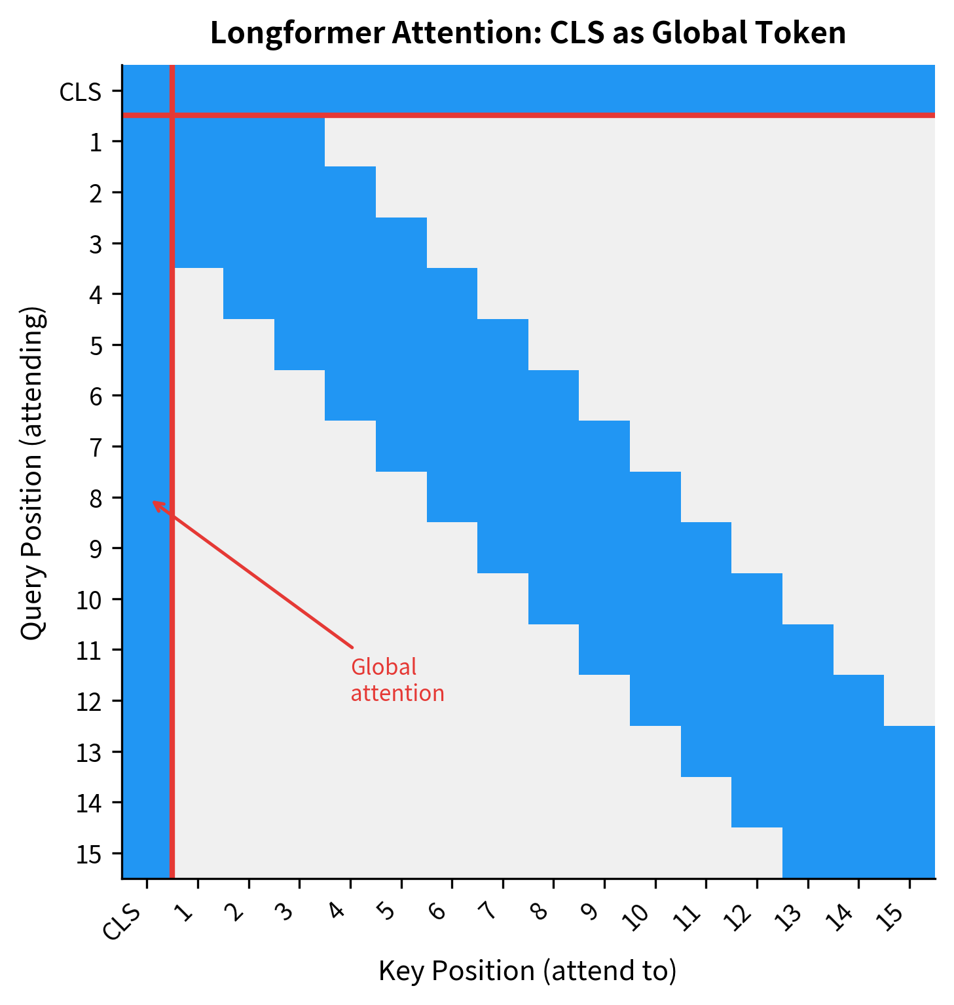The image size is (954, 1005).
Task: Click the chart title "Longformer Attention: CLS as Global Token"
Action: [x=528, y=33]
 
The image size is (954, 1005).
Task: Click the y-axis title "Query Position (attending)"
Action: [x=32, y=473]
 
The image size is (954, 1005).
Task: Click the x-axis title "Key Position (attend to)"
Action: [x=527, y=970]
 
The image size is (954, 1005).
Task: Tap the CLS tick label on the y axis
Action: [x=80, y=92]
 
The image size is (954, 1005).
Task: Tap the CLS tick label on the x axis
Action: [x=122, y=922]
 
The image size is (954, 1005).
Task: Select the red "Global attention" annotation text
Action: [x=397, y=680]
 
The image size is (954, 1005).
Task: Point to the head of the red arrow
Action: [x=153, y=502]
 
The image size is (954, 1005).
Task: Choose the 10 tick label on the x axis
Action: [x=638, y=917]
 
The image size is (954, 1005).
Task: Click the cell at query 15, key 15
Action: [x=909, y=853]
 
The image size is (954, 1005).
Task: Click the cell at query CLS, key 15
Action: [x=909, y=90]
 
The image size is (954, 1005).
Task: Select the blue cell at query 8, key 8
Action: [x=553, y=497]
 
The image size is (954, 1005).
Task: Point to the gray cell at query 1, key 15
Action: [x=909, y=142]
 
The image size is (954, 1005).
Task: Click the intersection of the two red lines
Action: [x=172, y=115]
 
